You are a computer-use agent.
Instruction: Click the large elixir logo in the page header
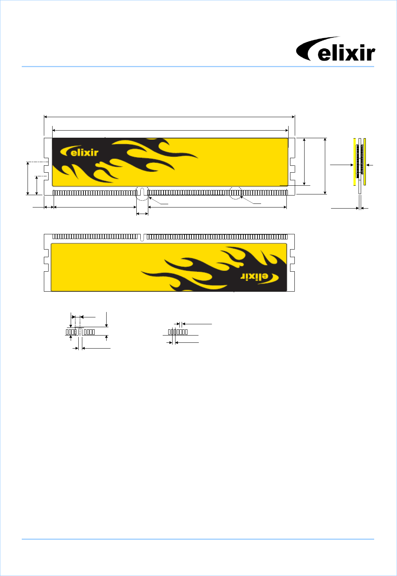335,49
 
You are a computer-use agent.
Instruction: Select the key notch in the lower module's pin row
142,238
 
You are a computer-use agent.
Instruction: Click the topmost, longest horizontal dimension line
169,117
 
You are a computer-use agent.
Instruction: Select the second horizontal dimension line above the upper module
170,130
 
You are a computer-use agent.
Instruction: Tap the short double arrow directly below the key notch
142,214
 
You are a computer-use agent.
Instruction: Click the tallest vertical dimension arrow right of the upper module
325,166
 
